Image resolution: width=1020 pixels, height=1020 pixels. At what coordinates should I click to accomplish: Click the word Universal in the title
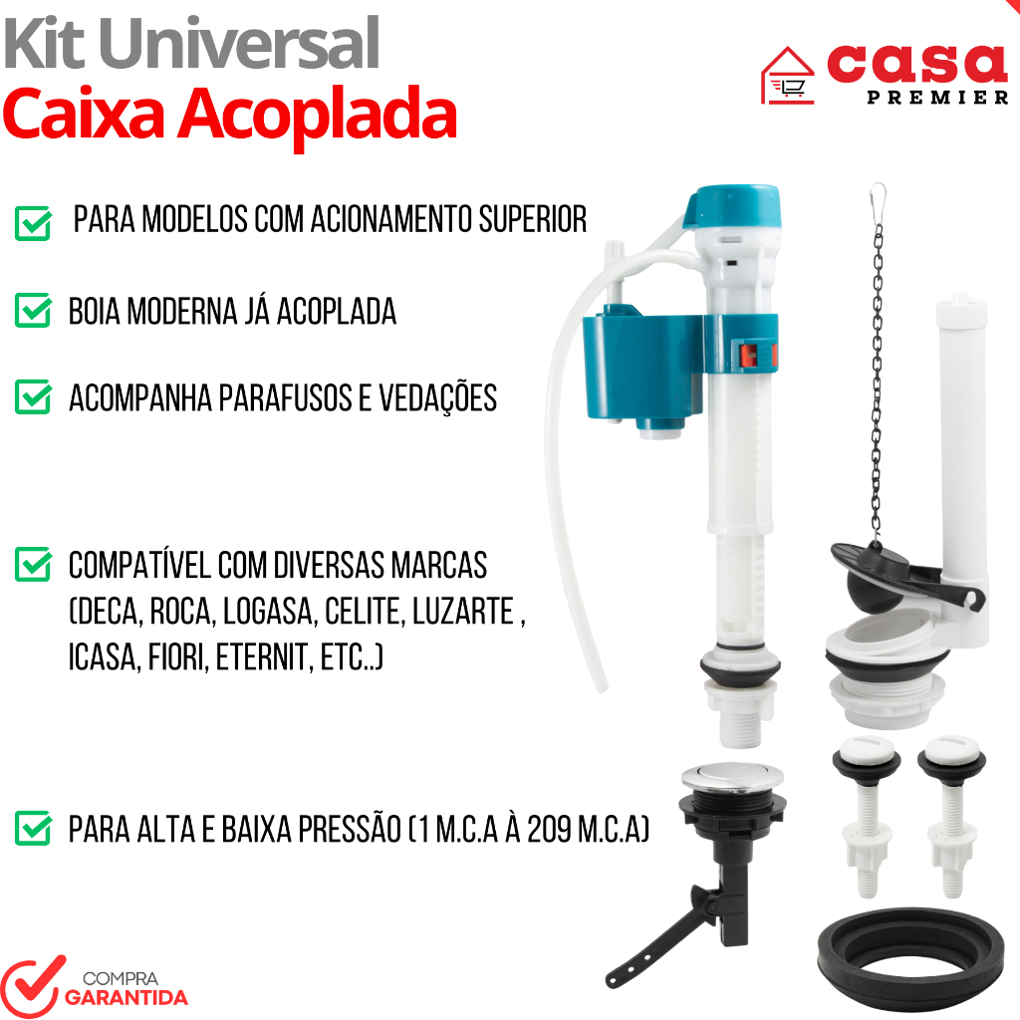pos(239,44)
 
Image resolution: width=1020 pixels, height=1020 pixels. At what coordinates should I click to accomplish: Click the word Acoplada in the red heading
pos(318,115)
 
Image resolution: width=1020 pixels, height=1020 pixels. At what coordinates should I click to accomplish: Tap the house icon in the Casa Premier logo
pos(787,76)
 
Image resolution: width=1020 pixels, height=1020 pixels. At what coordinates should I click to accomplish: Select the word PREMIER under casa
pos(937,98)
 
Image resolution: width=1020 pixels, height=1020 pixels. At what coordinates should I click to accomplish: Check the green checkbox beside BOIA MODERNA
pos(33,310)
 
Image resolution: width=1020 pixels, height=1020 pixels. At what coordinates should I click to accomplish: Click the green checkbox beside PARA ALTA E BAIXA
pos(33,828)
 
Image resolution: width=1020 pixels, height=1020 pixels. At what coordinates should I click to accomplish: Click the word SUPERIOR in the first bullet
pos(533,219)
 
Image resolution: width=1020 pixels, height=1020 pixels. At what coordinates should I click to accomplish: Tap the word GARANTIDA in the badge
pos(127,998)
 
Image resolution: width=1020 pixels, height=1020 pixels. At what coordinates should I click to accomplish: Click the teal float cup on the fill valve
pos(644,368)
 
